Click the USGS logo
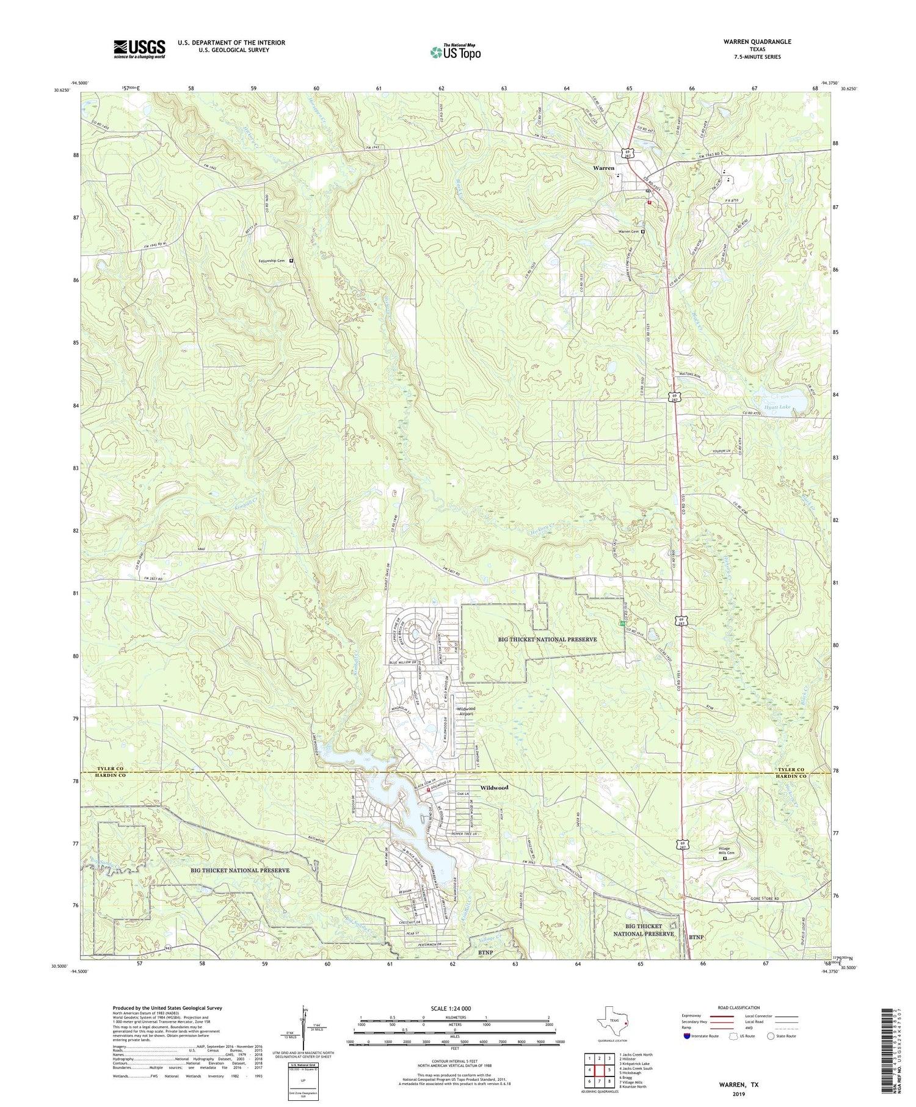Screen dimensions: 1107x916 pyautogui.click(x=139, y=49)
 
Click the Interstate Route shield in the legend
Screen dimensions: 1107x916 pyautogui.click(x=687, y=1036)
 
